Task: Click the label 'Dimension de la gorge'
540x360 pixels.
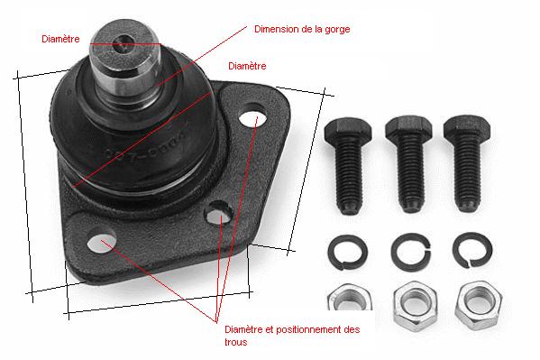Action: tap(302, 29)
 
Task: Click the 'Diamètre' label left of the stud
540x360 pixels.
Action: tap(60, 39)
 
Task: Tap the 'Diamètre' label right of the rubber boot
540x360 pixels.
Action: tap(247, 66)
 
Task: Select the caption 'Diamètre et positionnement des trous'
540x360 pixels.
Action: tap(292, 336)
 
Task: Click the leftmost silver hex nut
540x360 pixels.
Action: tap(349, 297)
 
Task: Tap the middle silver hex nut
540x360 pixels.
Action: tap(415, 306)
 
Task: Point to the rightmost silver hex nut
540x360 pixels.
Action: tap(479, 306)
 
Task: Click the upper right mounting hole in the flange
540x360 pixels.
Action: tap(252, 118)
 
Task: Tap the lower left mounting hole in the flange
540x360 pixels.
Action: tap(101, 243)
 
